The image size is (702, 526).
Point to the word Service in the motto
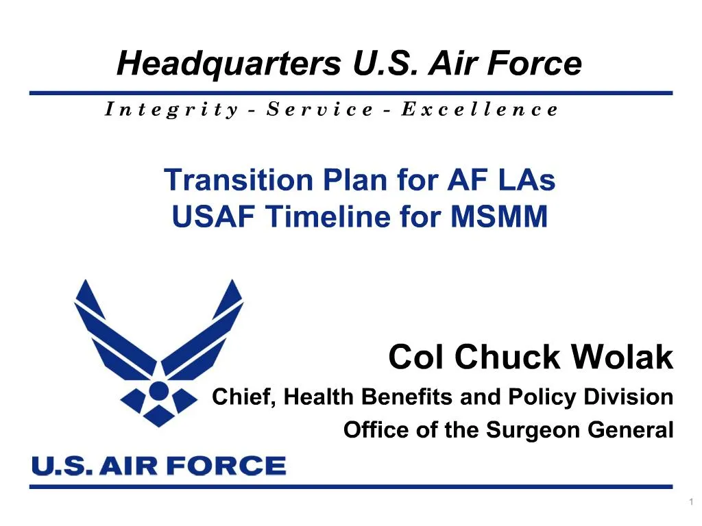(319, 109)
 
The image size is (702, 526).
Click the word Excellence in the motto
(479, 109)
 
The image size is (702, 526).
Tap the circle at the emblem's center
(158, 391)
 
